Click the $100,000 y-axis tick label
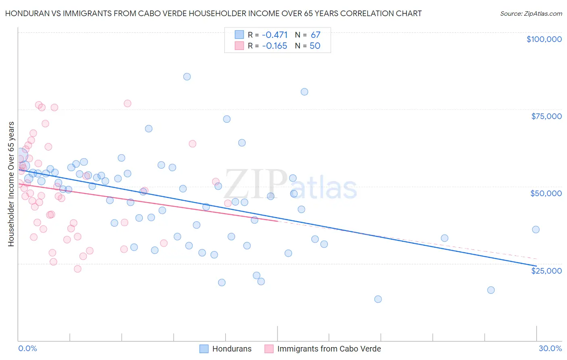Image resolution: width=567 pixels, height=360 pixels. pos(544,39)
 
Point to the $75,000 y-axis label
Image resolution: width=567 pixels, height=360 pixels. pos(546,116)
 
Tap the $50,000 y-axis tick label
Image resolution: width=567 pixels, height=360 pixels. pos(546,193)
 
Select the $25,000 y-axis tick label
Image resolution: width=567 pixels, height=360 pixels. pos(546,270)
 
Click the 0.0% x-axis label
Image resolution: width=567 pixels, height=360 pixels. pos(27,348)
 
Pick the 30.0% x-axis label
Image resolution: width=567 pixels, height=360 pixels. pos(550,348)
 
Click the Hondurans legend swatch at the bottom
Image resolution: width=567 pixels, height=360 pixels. pos(204,349)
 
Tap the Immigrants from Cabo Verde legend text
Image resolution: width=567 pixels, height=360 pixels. pos(329,349)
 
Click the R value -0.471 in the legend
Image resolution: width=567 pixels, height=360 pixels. pos(275,35)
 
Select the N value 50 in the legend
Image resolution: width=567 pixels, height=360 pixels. pos(315,46)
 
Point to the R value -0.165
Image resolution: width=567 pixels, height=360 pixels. pos(275,46)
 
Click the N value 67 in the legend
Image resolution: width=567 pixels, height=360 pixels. pos(315,35)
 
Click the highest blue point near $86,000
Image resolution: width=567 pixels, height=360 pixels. pos(187,77)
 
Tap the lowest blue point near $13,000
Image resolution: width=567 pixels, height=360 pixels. pos(378,299)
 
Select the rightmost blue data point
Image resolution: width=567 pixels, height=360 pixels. pos(536,230)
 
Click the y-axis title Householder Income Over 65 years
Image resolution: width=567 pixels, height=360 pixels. pos(11,184)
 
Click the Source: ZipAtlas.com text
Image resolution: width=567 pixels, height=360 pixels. pos(531,14)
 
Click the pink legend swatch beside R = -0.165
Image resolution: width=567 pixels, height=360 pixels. pos(240,46)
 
